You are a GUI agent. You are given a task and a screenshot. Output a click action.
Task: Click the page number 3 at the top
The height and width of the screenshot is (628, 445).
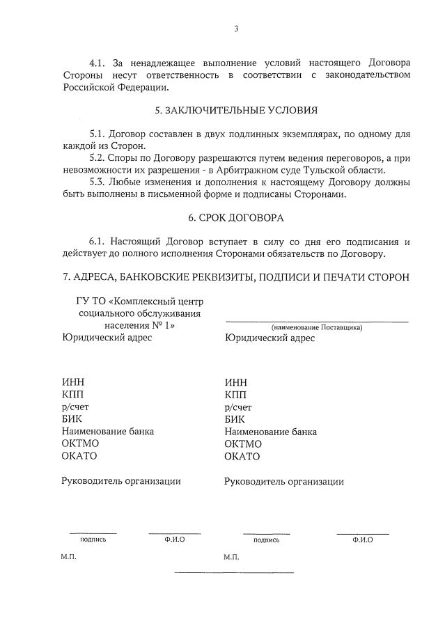click(236, 29)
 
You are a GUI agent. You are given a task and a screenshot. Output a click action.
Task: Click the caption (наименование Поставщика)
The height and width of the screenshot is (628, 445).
click(317, 327)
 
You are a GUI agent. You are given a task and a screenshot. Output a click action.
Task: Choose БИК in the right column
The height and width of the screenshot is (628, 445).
click(235, 419)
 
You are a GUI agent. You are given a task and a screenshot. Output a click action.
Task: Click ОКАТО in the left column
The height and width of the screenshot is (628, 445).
click(79, 456)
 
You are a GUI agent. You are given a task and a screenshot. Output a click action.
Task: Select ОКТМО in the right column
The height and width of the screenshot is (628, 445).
click(243, 444)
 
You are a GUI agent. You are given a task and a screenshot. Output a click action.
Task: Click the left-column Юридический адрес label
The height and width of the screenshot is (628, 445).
click(107, 338)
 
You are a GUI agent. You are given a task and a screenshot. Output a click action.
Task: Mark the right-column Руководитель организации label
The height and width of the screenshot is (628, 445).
click(283, 481)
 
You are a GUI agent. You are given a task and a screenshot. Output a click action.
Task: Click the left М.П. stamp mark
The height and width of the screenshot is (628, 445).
click(68, 558)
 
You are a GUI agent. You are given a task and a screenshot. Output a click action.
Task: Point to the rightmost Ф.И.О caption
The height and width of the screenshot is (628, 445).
click(363, 540)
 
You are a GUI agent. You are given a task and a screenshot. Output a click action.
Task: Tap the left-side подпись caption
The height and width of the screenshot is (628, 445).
click(93, 539)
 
